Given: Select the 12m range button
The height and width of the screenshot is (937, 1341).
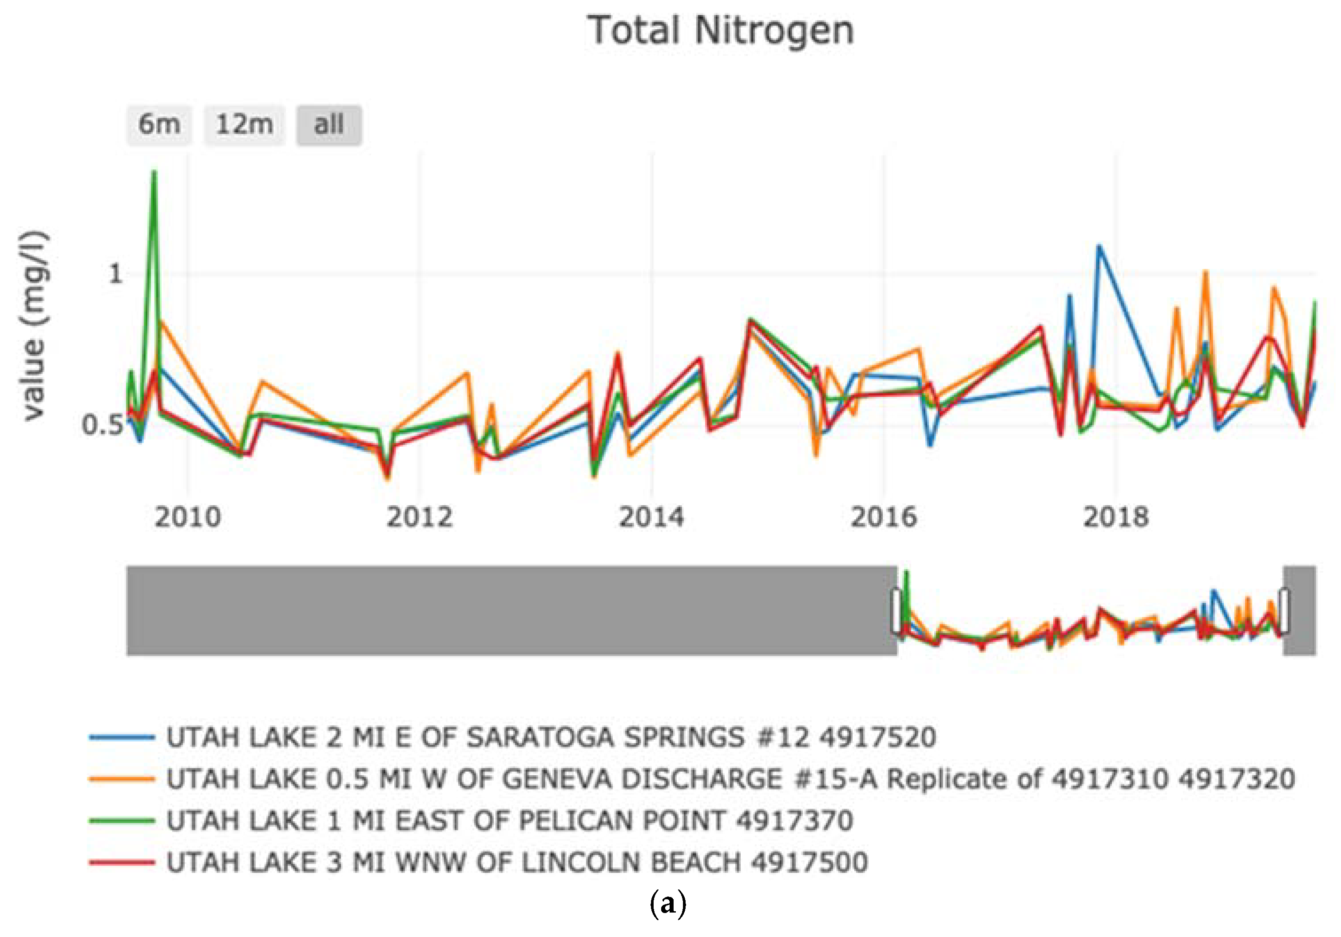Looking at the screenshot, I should point(244,124).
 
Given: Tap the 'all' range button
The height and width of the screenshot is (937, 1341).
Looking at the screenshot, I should point(329,124).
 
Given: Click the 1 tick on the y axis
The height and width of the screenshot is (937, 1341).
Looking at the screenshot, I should point(115,274).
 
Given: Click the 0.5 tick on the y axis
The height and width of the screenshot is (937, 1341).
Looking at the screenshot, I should point(103,425).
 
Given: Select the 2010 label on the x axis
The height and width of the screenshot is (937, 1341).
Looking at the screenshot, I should point(187,517).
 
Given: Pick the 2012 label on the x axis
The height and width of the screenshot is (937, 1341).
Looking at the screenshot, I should point(419,517).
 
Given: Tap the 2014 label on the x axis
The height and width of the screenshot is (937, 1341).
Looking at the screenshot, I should point(651,517).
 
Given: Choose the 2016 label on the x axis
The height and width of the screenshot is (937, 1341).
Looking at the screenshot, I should point(883,517).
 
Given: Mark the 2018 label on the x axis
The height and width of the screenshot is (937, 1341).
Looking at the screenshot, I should point(1115,517).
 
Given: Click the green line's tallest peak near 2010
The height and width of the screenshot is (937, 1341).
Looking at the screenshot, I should point(154,172).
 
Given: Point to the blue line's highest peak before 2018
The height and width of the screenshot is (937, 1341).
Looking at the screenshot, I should point(1099,246).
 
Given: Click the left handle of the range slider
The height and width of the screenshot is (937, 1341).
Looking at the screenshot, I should point(897,611).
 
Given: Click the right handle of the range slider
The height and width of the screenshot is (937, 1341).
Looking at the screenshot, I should point(1284,611).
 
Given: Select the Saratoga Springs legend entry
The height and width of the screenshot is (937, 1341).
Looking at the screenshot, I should point(551,737).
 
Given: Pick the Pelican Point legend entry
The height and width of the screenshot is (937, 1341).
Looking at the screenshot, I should point(509,821).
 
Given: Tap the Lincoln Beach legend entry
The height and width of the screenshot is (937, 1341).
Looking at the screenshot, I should point(517,862).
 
